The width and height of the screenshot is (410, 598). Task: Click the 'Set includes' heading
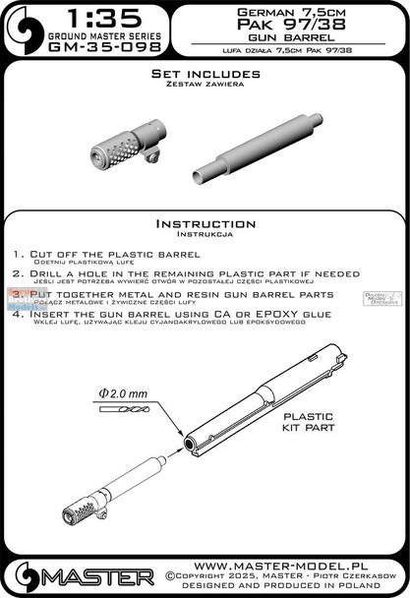pos(205,74)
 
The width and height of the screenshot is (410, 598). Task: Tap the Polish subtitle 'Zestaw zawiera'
pos(205,87)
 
